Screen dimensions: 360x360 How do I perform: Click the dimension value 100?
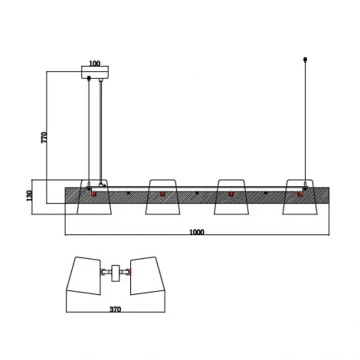tap(95, 64)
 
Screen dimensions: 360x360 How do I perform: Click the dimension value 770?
tap(44, 137)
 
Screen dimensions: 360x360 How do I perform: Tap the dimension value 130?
tap(30, 195)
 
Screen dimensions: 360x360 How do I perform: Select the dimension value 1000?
tap(197, 232)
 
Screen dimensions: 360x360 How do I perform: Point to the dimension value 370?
tap(116, 309)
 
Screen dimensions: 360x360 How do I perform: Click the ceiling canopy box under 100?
tap(95, 72)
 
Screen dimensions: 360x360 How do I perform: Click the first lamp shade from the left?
tap(94, 197)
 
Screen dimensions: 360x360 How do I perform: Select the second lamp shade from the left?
tap(162, 197)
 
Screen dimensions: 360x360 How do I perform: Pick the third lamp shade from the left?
tap(231, 197)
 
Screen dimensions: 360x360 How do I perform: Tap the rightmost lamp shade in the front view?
tap(300, 197)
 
